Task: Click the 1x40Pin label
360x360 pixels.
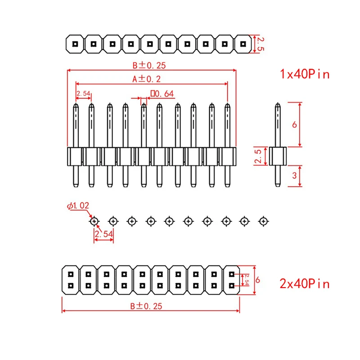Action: point(305,74)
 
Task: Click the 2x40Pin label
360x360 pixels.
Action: point(305,283)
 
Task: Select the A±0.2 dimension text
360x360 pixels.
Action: point(147,79)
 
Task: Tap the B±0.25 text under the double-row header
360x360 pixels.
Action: point(146,306)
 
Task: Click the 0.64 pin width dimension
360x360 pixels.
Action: point(162,94)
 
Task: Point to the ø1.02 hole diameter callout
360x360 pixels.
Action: point(78,206)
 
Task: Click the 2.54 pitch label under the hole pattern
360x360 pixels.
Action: point(103,234)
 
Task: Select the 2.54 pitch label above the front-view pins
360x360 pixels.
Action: point(84,94)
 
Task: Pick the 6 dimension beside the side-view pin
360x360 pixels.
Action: point(294,124)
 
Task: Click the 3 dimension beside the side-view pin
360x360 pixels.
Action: point(294,175)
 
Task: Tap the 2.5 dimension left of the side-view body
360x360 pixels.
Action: point(258,156)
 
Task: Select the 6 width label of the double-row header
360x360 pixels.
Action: point(258,279)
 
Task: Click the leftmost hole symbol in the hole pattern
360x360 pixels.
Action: point(94,221)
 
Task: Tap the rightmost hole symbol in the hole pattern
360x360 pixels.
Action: point(263,221)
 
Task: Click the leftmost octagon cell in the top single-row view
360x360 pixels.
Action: point(75,44)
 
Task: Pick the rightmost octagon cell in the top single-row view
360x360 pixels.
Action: point(243,44)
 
